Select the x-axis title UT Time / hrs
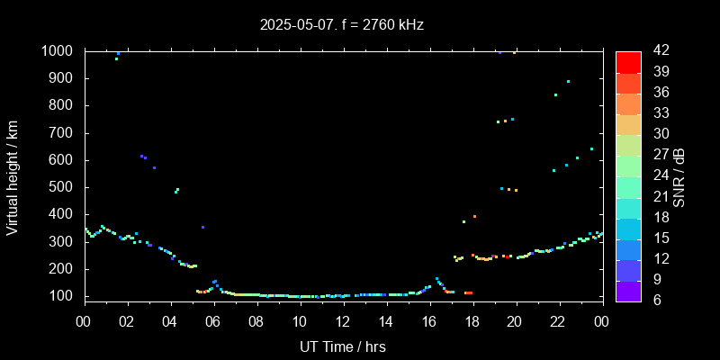(x=343, y=346)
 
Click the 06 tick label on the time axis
(x=213, y=321)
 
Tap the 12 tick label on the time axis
(x=343, y=321)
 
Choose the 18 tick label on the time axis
(x=472, y=321)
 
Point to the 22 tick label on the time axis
(x=558, y=321)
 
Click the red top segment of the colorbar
(x=627, y=61)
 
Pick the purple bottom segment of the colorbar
(x=627, y=290)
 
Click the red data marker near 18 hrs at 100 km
(x=468, y=292)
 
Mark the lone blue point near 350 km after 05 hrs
(x=202, y=227)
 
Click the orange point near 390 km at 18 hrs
(x=474, y=217)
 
